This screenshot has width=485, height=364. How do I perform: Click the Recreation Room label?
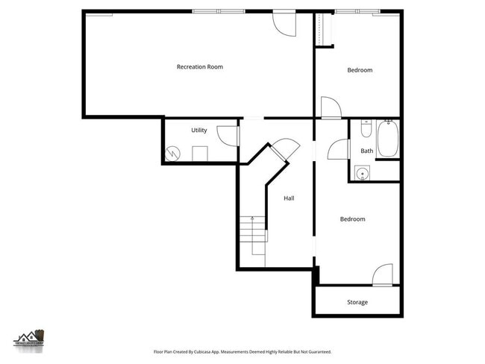coord(199,67)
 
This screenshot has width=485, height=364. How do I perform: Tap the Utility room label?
coord(198,131)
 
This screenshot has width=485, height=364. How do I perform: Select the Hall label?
coord(289,198)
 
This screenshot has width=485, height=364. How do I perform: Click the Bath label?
coord(366,151)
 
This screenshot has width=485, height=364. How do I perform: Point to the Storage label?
coord(357,302)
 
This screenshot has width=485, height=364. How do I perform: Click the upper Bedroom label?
coord(360,70)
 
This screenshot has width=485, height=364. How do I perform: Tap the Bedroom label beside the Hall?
coord(352,219)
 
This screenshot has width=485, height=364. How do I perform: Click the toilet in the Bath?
coord(366,131)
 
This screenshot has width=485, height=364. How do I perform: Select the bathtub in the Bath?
coord(387,139)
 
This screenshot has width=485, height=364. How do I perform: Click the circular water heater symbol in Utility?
coord(173,154)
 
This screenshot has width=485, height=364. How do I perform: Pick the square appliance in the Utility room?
coord(199,154)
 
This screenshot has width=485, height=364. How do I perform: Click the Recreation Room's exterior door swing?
coord(285,23)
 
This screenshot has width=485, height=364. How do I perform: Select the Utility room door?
coord(228,136)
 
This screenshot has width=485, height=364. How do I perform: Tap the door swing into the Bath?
coord(338,149)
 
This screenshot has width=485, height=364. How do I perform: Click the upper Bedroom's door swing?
coord(331,107)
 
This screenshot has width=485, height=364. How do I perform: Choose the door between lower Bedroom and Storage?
coord(383,274)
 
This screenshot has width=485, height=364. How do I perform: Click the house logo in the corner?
coord(30,339)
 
